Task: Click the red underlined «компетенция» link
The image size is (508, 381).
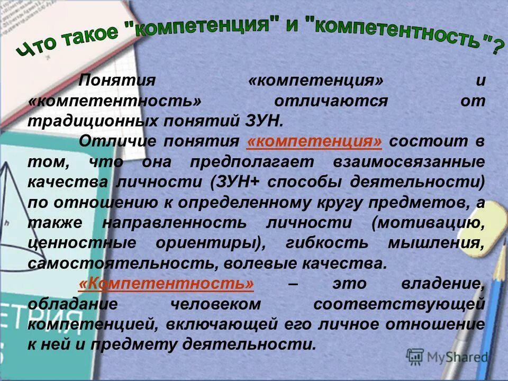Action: pos(314,142)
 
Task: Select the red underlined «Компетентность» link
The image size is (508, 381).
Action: pos(166,284)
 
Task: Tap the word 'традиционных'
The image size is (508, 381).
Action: pos(81,121)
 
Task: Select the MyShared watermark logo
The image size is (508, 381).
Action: pos(447,357)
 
